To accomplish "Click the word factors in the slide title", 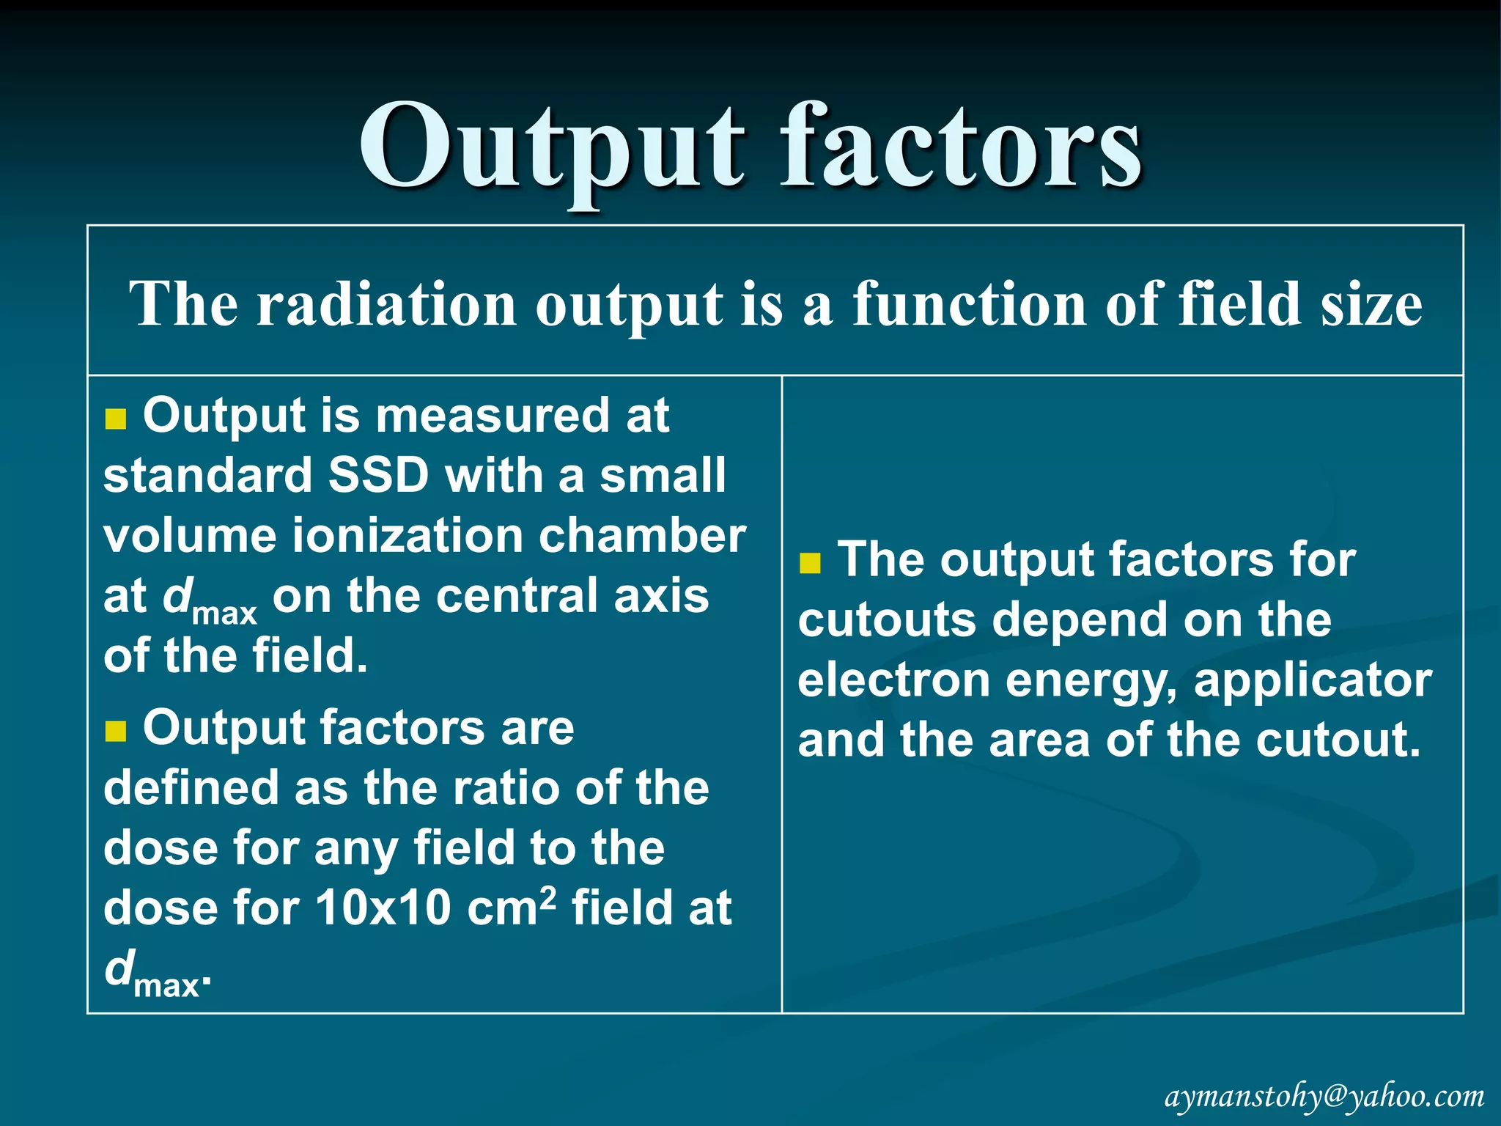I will coord(960,147).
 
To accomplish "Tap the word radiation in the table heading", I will coord(386,303).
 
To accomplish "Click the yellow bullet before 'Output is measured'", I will coord(116,419).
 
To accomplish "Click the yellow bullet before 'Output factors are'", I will coord(116,731).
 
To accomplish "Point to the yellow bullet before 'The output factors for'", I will coord(810,563).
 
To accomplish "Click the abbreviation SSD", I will coord(378,475).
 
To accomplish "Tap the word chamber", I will coord(642,535).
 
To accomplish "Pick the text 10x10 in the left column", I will coord(383,908).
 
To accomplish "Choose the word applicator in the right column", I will coord(1313,681).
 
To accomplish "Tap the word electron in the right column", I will coord(893,680).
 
